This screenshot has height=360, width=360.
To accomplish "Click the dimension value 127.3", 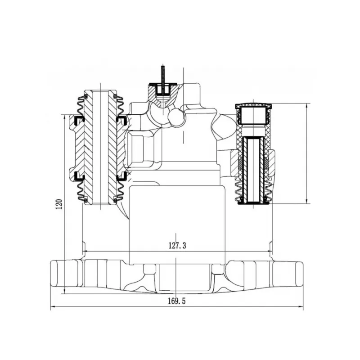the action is point(177,246).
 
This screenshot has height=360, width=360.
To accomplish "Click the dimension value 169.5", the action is point(176,301).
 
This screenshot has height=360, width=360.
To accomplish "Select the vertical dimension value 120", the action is point(59,204).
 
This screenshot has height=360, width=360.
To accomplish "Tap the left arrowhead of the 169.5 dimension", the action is point(53,306).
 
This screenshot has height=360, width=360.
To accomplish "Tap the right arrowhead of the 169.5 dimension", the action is point(300,306).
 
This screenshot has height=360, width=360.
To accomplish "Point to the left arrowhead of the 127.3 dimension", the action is point(85,252).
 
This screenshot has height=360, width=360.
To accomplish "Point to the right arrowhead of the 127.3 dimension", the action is point(269,252).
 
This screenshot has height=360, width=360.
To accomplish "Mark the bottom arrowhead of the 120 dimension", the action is point(64,291).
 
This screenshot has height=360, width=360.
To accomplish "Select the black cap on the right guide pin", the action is point(253,106).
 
